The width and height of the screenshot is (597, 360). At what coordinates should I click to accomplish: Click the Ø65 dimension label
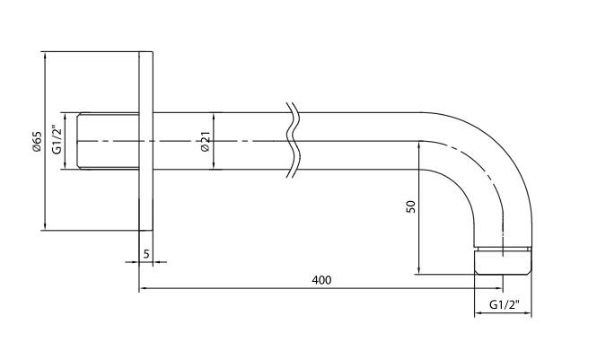pos(37,142)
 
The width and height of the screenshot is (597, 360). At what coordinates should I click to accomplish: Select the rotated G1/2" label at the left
pos(57,139)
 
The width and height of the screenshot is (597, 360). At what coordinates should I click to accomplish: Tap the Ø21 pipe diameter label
pos(206,141)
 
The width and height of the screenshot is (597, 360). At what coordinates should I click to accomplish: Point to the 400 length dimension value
pos(321,280)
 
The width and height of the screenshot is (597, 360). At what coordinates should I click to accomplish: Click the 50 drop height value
pos(411,206)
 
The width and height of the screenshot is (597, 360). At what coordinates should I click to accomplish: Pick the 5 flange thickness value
pos(146,254)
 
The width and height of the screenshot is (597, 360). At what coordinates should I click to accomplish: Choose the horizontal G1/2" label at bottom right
pos(505,305)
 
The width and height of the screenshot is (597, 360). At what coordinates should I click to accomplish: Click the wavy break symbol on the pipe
pos(293,140)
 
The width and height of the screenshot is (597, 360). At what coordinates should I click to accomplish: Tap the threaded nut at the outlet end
pos(503,260)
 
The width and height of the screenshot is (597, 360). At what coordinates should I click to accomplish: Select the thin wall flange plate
pos(145,141)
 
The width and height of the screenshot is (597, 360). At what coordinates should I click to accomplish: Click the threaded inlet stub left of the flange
pos(108,141)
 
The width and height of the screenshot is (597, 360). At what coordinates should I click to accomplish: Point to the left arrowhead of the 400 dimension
pos(143,288)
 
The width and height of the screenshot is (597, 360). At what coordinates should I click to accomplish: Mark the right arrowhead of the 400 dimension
pos(499,288)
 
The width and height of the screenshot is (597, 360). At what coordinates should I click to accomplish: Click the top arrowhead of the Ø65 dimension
pos(45,55)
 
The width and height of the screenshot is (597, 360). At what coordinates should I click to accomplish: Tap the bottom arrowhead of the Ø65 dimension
pos(45,226)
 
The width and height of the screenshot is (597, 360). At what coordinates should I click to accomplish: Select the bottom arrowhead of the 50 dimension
pos(419,270)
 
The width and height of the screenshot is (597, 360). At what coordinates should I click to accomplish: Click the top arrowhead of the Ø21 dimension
pos(214,117)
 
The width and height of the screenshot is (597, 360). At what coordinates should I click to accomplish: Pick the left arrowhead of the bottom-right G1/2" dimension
pos(478,313)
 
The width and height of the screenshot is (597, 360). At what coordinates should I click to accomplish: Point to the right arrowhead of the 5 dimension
pos(157,262)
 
